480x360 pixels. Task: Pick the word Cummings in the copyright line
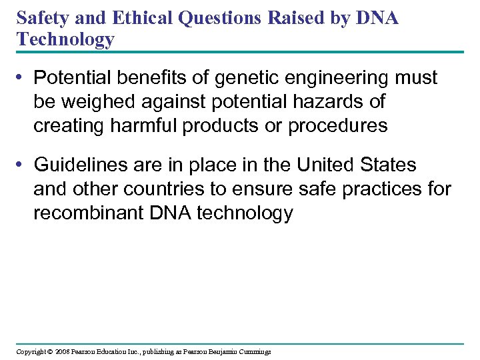tap(253, 351)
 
